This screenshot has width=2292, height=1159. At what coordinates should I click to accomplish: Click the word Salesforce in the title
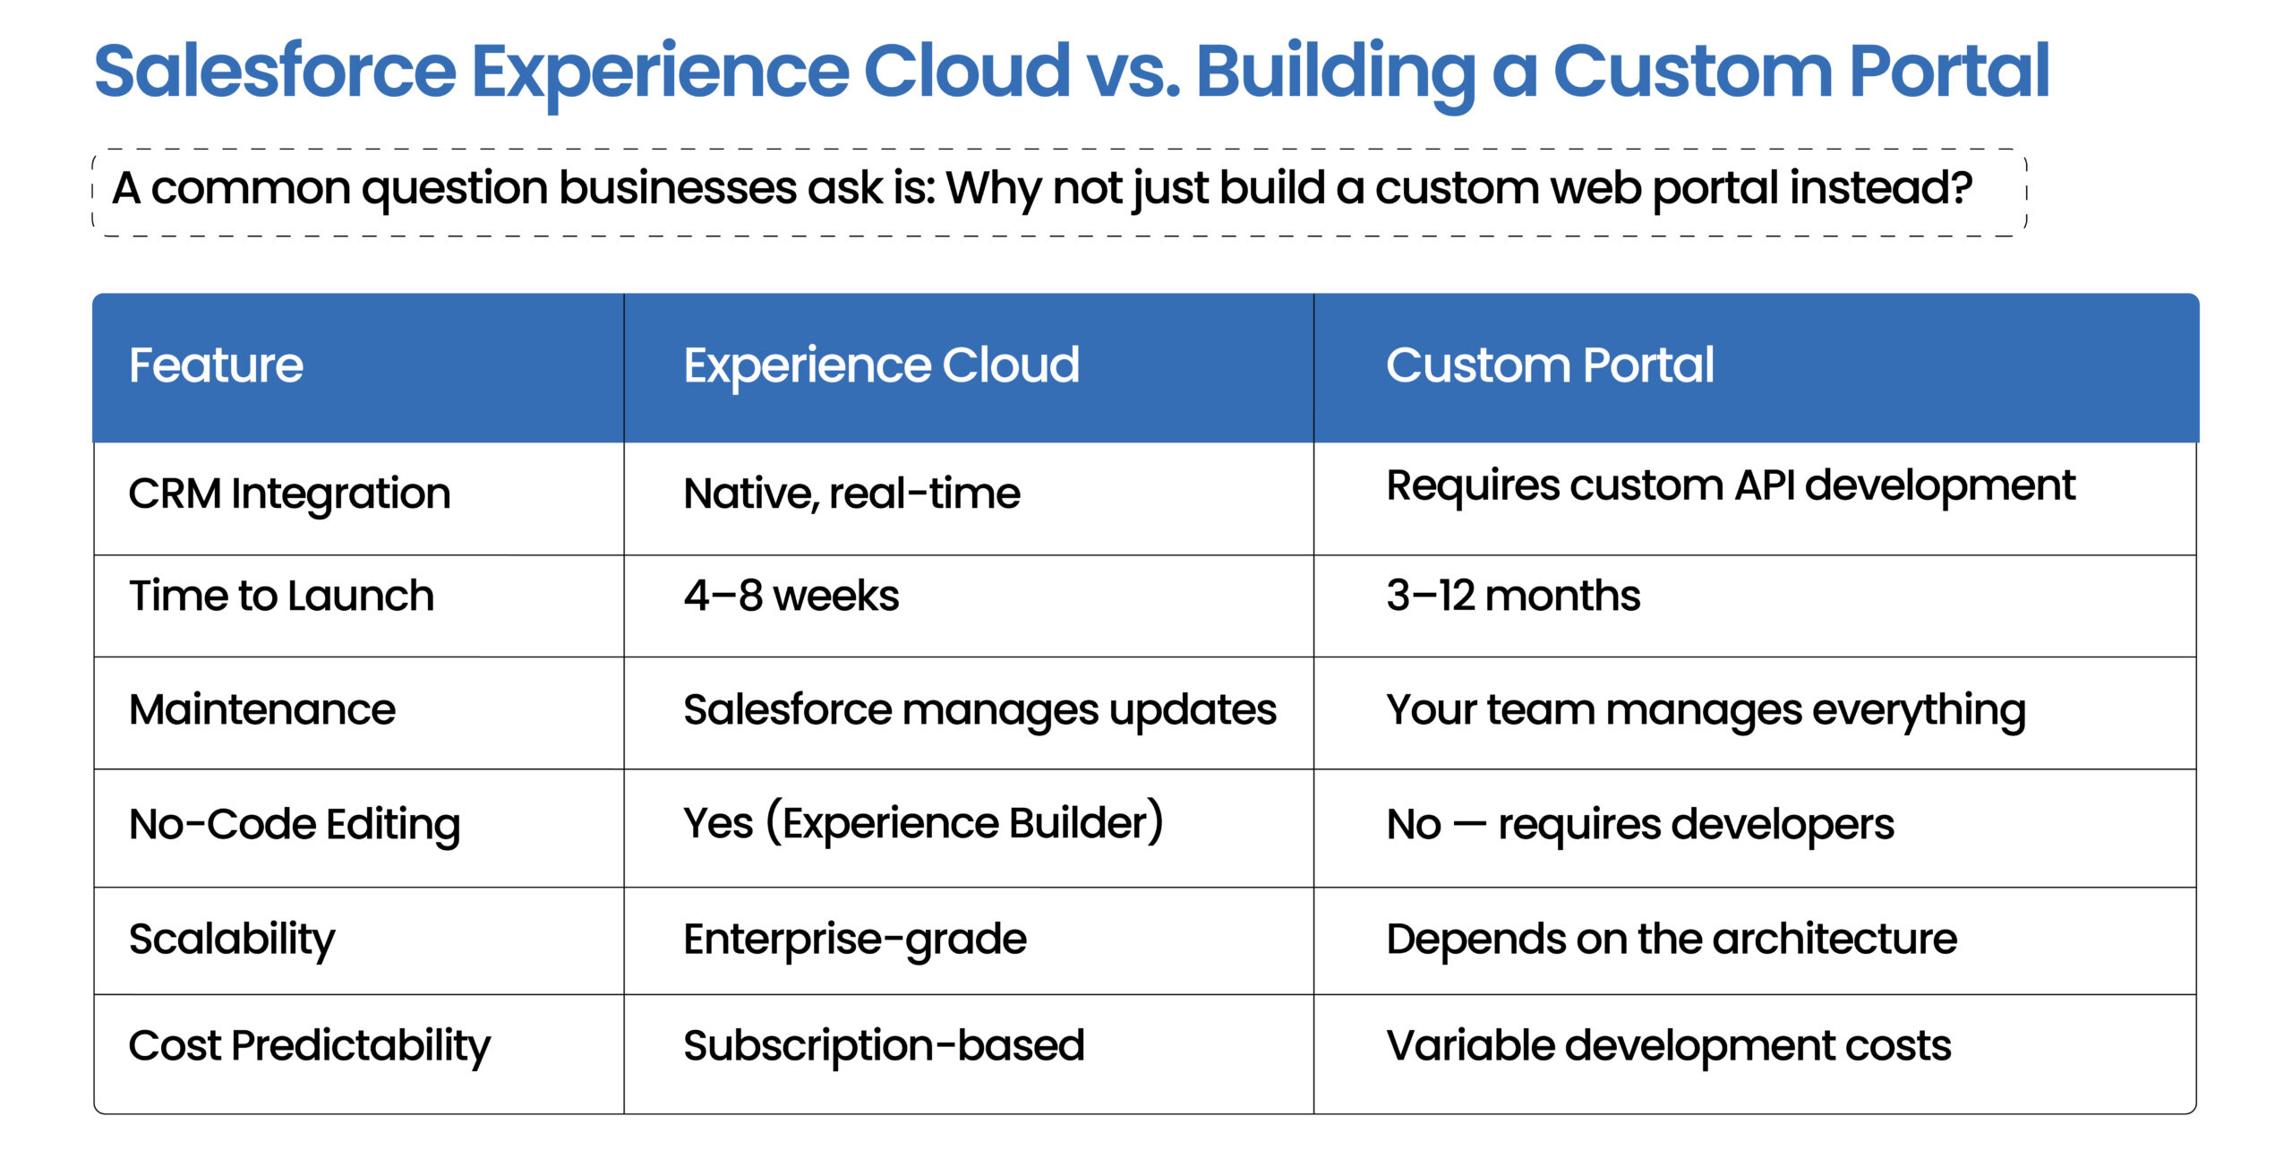275,72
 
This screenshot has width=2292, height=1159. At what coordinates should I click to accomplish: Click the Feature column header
216,365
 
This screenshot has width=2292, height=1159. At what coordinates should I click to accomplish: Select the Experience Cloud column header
881,365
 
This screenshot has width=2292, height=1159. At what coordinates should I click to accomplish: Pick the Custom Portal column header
1549,365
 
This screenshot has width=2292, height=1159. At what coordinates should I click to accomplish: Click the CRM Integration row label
289,494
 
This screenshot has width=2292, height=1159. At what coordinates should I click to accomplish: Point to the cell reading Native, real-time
851,494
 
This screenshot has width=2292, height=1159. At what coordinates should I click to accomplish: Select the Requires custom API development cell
1730,486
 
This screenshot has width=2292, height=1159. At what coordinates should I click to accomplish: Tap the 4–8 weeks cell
791,596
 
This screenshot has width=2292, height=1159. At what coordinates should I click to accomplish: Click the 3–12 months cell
1513,596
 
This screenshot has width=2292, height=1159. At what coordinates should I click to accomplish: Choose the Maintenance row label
261,709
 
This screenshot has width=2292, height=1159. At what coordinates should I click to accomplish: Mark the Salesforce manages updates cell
979,709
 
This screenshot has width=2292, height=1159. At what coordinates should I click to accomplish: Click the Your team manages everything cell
1706,709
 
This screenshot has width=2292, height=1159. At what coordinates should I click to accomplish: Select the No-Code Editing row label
295,824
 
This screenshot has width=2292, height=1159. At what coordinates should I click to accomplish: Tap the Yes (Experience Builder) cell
923,822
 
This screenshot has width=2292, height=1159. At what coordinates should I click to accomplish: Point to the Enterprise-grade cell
855,939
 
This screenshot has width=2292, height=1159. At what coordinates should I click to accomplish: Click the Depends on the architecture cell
1672,939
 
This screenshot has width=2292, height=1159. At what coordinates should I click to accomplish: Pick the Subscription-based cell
884,1045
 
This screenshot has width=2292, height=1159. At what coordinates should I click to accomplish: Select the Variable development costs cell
1668,1045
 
